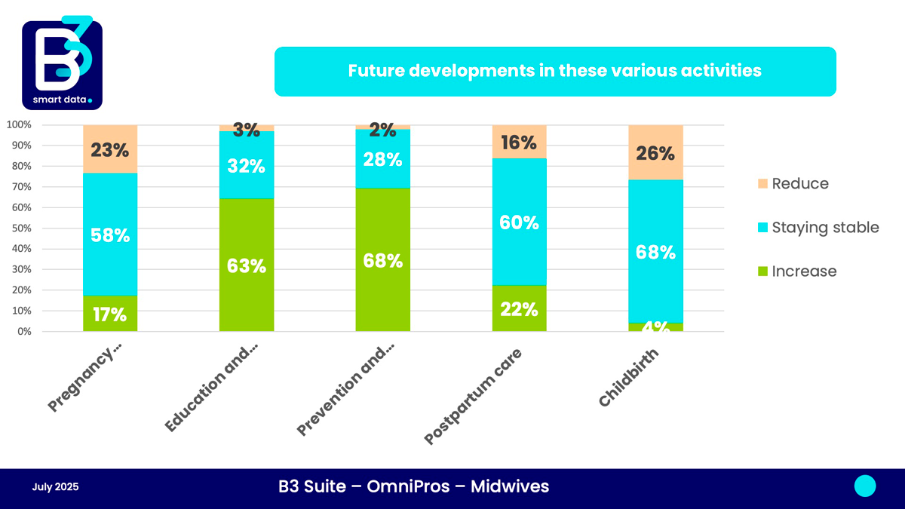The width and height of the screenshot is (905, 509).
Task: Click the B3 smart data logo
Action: click(62, 63)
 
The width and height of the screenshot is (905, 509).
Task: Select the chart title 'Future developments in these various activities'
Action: click(554, 71)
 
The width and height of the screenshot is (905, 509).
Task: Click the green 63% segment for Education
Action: click(247, 265)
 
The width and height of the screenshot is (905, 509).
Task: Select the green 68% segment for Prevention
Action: click(383, 260)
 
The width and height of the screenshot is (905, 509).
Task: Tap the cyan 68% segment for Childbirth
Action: click(655, 251)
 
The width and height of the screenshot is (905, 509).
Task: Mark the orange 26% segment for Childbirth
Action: click(655, 152)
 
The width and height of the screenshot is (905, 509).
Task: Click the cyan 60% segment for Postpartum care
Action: click(519, 222)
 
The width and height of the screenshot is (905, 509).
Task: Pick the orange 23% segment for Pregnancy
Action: click(110, 149)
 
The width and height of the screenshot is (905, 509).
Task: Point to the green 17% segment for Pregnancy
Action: click(110, 314)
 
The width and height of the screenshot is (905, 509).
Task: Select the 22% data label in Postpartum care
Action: click(519, 308)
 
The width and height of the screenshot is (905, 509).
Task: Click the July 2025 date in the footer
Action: click(55, 487)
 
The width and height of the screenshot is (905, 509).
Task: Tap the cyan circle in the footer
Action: click(865, 486)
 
